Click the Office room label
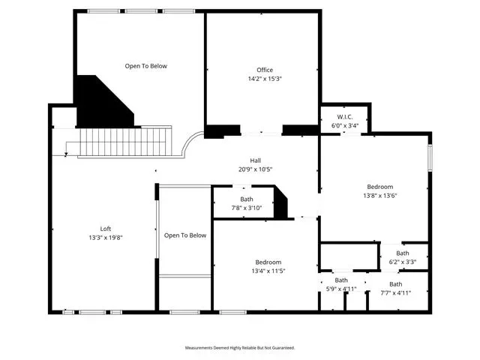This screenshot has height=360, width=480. coord(265,70)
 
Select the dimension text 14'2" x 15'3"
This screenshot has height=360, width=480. coord(265,79)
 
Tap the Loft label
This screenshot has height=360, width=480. coord(105,229)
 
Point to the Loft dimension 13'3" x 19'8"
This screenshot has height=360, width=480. coord(106,238)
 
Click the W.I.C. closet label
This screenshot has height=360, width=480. coord(345,117)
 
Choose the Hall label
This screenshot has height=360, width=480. coord(255,160)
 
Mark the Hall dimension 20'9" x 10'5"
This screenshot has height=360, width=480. coord(255,169)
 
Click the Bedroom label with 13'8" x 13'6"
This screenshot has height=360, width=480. coord(380,187)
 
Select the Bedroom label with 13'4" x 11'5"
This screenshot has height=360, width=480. coord(268,262)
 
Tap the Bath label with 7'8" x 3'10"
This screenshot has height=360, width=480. coord(247,199)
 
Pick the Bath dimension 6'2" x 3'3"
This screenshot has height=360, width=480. coord(403,262)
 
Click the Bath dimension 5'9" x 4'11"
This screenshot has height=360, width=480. coord(341,289)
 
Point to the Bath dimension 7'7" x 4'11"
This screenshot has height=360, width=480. coord(395,293)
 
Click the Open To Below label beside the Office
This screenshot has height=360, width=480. coord(146,66)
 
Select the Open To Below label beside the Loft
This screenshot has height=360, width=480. coord(185,235)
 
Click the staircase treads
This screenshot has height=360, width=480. coord(125,142)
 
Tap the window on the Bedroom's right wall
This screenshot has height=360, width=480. coord(430,157)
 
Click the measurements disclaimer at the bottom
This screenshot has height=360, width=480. coord(240,348)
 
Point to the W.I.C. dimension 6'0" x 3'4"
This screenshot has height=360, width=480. coord(345,125)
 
